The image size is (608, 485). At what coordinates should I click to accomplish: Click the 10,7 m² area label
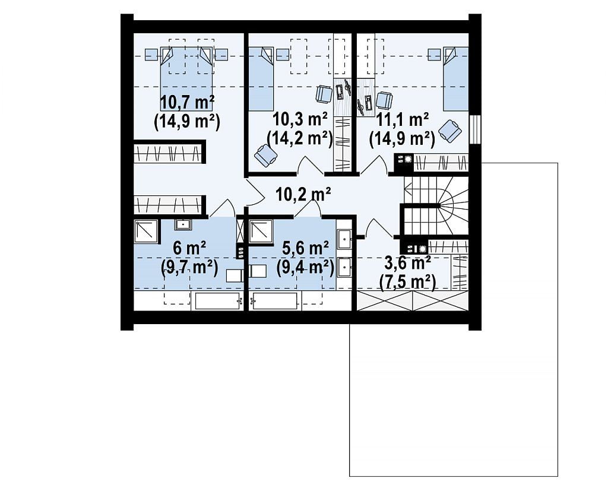(x=187, y=103)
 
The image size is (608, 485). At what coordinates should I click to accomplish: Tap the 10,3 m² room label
(x=300, y=119)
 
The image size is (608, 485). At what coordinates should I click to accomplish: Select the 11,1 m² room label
(x=403, y=119)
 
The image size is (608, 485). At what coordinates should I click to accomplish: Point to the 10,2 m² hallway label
(x=303, y=194)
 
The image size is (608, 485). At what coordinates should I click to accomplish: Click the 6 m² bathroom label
(x=189, y=248)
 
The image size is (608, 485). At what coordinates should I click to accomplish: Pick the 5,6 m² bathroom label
(x=306, y=248)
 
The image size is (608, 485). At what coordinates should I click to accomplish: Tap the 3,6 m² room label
(x=407, y=264)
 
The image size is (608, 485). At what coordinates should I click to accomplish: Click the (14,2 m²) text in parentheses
(x=300, y=138)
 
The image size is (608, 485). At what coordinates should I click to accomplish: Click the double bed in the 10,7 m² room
(x=186, y=79)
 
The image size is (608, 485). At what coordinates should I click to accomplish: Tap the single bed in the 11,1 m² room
(x=456, y=79)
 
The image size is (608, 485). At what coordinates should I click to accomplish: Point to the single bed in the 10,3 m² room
(x=261, y=79)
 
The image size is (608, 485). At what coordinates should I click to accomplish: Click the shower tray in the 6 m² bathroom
(x=146, y=232)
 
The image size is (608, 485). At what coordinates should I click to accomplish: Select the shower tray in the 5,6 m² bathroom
(x=261, y=232)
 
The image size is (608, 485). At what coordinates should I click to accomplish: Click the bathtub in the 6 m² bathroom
(x=217, y=301)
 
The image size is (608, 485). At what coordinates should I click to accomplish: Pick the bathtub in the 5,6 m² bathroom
(x=275, y=301)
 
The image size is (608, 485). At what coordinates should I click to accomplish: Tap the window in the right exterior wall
(x=475, y=129)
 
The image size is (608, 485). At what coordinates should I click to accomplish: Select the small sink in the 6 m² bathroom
(x=182, y=224)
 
